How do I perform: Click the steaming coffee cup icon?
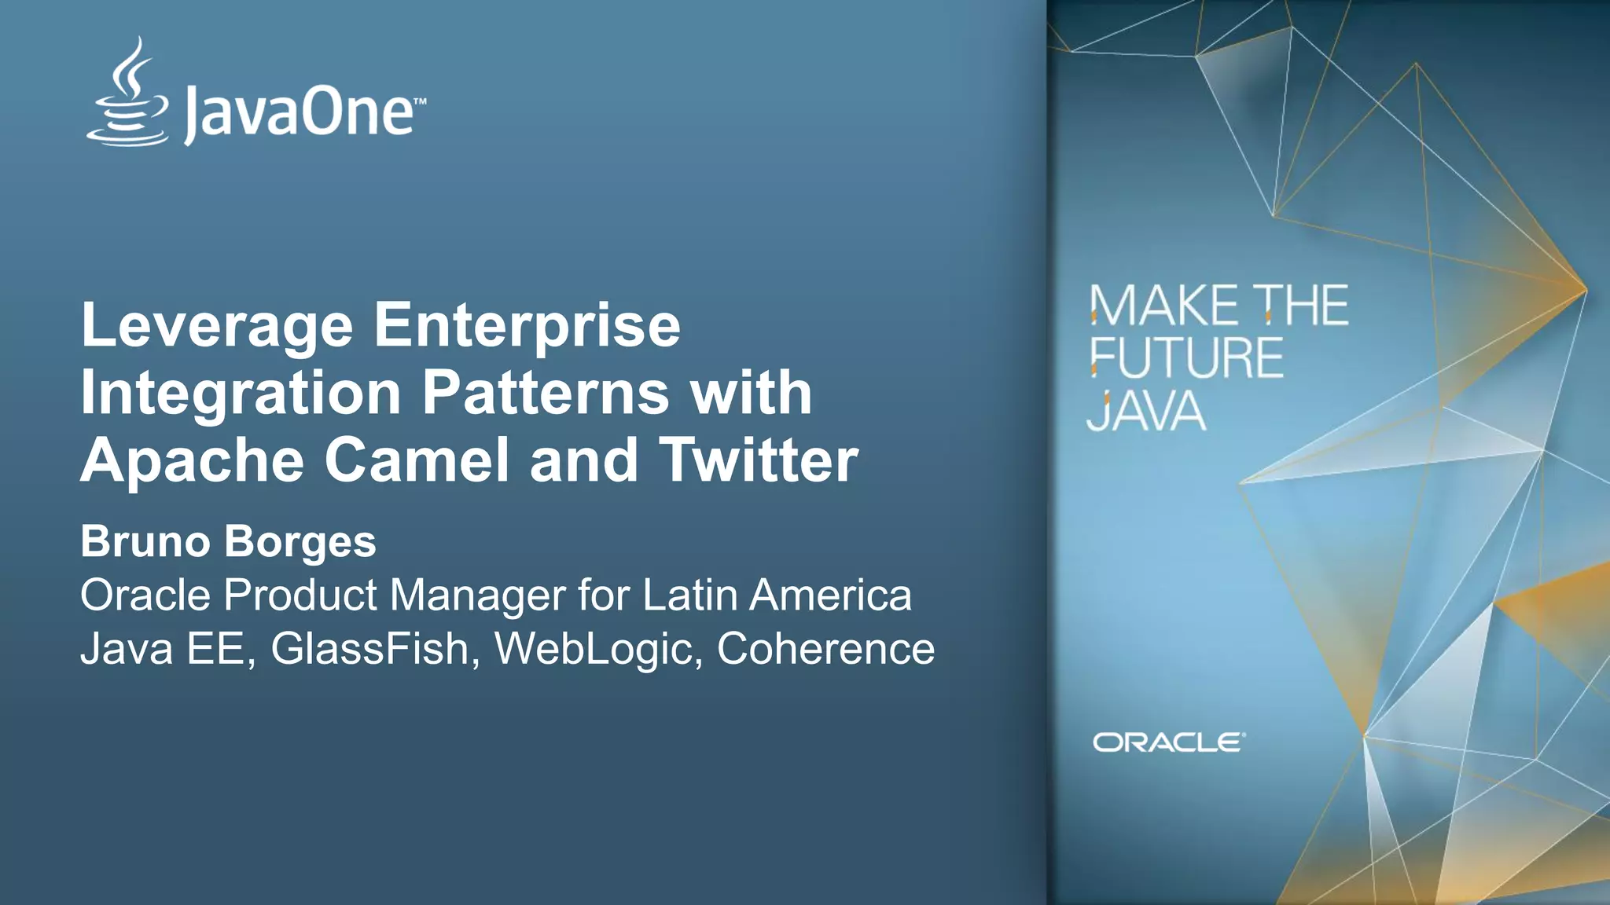coord(128,94)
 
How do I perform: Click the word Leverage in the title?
coord(217,326)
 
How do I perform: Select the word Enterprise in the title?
coord(527,326)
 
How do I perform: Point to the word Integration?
coord(241,394)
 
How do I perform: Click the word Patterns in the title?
coord(546,392)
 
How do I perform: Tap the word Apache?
coord(192,461)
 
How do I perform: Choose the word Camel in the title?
coord(417,460)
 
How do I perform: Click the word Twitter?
coord(758,460)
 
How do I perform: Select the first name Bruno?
coord(145,542)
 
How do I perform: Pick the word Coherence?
coord(825,650)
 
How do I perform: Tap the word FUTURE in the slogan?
coord(1186,358)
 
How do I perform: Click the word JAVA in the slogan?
coord(1146,411)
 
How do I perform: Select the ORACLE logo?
coord(1168,742)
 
